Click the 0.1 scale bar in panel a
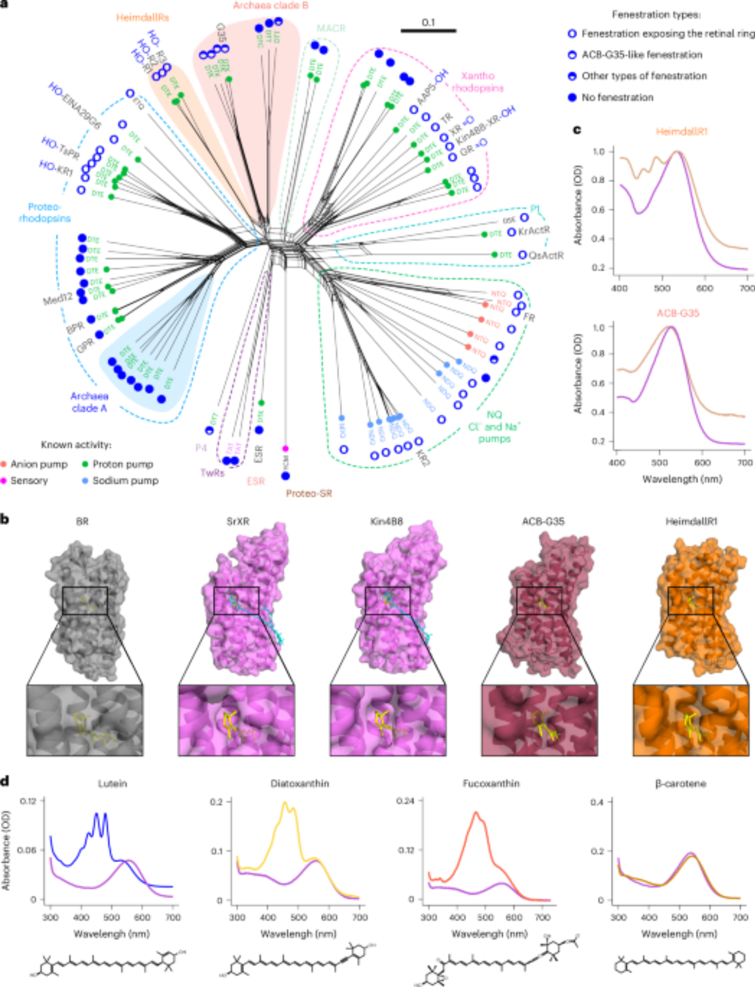point(428,31)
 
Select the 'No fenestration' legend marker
point(572,98)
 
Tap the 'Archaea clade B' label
point(271,6)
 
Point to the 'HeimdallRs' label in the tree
point(142,18)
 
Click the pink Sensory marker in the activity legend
point(4,481)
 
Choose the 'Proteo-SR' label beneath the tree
point(309,493)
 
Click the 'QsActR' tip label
point(546,256)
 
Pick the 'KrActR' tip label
point(534,231)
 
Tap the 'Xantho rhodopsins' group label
point(477,82)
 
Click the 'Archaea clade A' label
point(89,402)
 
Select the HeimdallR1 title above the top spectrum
point(681,132)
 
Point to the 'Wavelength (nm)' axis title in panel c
point(682,479)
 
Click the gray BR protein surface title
point(82,522)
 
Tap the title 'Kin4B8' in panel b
point(387,522)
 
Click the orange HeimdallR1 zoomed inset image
point(690,720)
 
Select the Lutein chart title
point(112,784)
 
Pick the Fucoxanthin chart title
point(491,784)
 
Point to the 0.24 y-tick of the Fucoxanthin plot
point(405,800)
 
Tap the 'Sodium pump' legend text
point(125,481)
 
